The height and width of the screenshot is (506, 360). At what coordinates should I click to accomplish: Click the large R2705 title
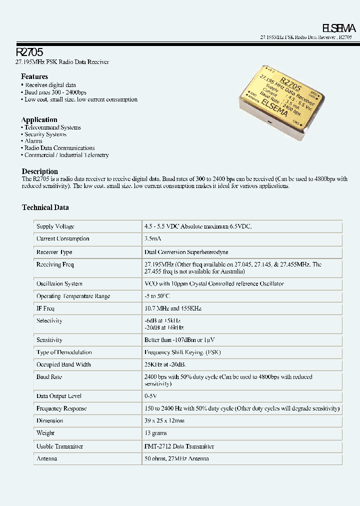[x=29, y=51]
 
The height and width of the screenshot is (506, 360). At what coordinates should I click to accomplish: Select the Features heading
[x=34, y=76]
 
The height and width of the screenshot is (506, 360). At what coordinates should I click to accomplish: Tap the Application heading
[x=39, y=119]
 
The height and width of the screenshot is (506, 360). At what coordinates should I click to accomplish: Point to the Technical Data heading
[x=45, y=207]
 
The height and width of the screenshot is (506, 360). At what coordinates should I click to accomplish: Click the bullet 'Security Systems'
[x=45, y=134]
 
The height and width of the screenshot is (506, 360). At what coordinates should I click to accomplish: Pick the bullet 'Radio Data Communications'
[x=59, y=148]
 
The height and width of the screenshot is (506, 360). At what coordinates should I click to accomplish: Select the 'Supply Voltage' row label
[x=55, y=226]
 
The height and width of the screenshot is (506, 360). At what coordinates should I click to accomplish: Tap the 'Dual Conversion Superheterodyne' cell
[x=186, y=252]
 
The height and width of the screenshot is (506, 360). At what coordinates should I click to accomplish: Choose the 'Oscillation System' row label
[x=59, y=284]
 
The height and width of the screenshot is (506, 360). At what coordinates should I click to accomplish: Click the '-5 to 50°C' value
[x=157, y=296]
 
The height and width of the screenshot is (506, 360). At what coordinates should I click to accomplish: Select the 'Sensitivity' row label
[x=49, y=340]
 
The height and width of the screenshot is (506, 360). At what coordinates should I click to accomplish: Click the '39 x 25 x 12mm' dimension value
[x=164, y=421]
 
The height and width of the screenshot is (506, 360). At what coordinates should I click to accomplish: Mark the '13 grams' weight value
[x=155, y=433]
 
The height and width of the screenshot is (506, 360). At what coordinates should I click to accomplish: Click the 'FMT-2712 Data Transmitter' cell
[x=179, y=446]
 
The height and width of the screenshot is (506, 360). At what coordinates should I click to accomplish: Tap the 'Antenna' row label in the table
[x=46, y=458]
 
